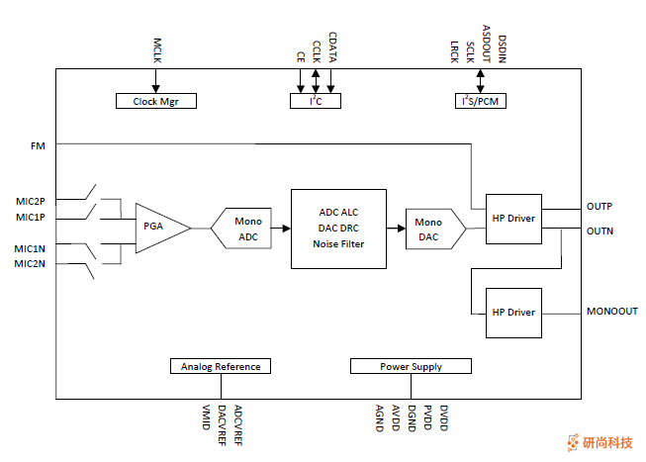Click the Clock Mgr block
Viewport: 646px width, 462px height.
pos(156,101)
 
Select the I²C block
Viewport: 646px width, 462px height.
pos(316,101)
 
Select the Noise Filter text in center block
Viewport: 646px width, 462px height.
pos(338,244)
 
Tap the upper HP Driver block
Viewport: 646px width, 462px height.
pos(513,219)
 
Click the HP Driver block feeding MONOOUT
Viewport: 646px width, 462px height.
pos(513,313)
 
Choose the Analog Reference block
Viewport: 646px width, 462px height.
pos(220,366)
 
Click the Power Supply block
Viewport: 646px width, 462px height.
pos(411,366)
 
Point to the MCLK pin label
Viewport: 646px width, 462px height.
pos(156,52)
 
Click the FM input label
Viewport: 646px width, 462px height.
pos(38,145)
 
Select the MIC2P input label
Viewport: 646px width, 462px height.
pos(30,202)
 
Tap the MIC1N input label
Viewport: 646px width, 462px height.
pos(30,247)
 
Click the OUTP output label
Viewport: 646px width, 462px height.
pos(600,207)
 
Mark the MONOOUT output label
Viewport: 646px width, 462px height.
pos(611,312)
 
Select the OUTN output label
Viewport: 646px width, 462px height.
pos(600,231)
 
